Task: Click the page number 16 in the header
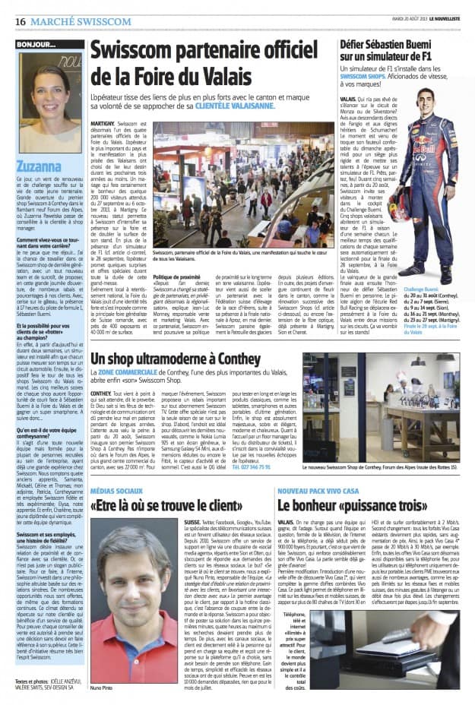click(x=21, y=22)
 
